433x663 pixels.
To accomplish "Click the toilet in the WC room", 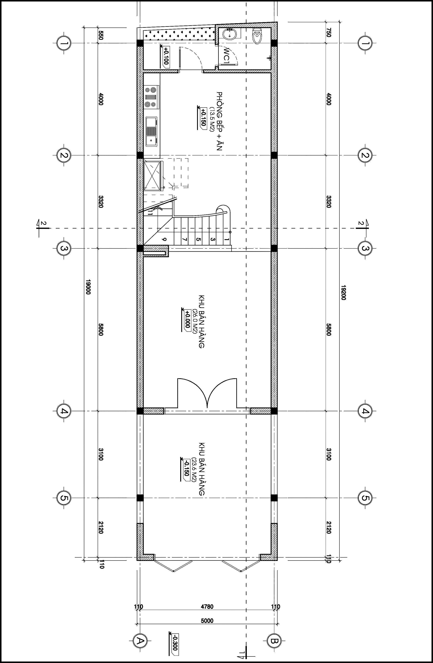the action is pyautogui.click(x=257, y=35).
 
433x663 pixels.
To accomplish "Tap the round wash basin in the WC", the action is pyautogui.click(x=230, y=34).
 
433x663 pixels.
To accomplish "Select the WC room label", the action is pyautogui.click(x=226, y=56).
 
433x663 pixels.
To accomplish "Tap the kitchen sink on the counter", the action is pyautogui.click(x=151, y=131).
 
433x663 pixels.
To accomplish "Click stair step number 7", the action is pyautogui.click(x=184, y=239).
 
